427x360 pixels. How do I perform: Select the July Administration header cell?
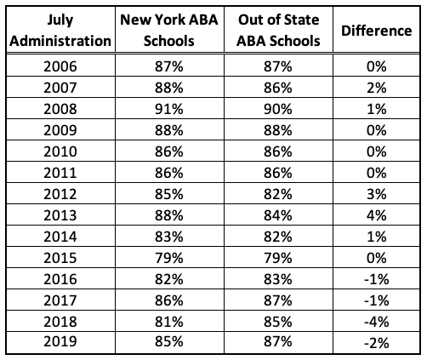[59, 31]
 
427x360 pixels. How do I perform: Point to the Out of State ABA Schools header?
[278, 31]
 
